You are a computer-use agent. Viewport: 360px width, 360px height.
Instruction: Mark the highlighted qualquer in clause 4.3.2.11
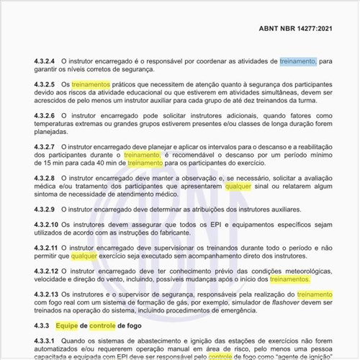[84, 255]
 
